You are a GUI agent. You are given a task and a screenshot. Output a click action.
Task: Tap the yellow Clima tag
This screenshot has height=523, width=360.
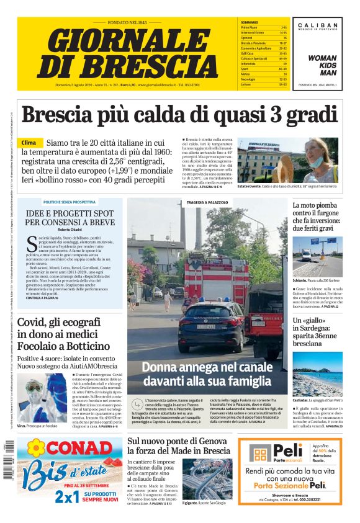29,143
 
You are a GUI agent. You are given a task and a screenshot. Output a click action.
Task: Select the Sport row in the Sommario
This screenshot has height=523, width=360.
248,68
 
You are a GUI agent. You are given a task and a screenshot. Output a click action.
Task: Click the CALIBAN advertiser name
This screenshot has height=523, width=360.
317,25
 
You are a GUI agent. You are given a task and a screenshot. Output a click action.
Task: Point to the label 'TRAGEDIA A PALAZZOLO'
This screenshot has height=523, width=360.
207,202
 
